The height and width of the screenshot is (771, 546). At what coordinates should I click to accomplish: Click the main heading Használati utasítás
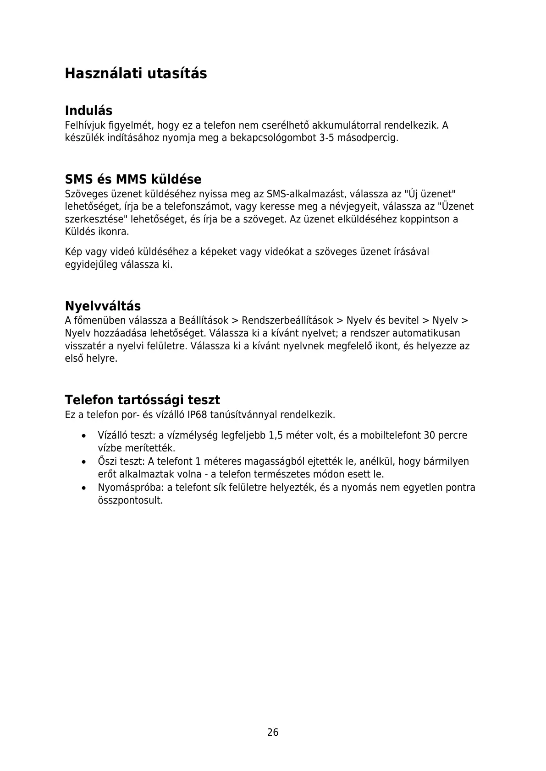[136, 73]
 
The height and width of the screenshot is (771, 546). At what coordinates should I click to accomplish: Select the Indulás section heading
[88, 110]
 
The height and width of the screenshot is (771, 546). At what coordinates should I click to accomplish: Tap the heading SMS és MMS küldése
[133, 179]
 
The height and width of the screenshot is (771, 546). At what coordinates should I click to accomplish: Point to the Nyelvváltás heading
[103, 306]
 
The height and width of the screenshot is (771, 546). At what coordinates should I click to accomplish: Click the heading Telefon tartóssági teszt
[142, 400]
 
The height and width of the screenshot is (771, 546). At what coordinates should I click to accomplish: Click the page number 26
[273, 732]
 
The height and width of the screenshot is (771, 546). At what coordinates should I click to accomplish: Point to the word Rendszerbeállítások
[287, 320]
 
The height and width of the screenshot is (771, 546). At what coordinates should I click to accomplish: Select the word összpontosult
[130, 500]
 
